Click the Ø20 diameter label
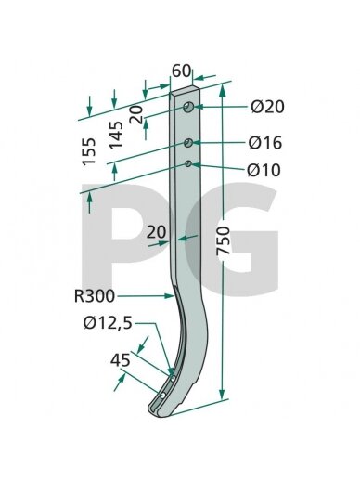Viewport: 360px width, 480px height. click(267, 107)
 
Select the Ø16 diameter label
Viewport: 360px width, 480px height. click(265, 143)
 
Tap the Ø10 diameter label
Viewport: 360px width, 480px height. click(264, 170)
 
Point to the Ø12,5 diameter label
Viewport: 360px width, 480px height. click(108, 324)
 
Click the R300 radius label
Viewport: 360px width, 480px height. click(95, 296)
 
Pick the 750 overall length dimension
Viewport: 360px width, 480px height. click(224, 240)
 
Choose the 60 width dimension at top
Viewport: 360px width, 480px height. click(181, 71)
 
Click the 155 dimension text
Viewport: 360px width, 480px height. click(89, 151)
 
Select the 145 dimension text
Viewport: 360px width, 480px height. click(116, 135)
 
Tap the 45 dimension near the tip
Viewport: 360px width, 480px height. click(120, 360)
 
